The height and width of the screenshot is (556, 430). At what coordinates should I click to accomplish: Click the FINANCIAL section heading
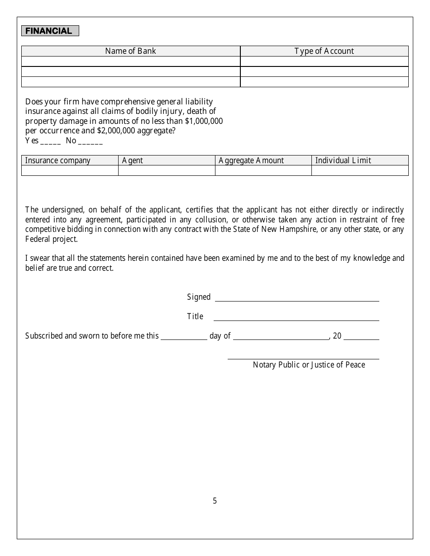(x=50, y=31)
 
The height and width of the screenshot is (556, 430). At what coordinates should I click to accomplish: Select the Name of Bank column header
(x=130, y=51)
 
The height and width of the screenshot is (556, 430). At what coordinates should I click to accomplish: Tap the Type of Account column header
(x=324, y=51)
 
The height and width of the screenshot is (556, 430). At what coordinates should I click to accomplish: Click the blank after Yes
(x=51, y=141)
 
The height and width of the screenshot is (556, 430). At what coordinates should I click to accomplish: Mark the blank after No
(x=91, y=141)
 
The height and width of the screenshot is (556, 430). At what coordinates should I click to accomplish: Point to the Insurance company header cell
(x=58, y=160)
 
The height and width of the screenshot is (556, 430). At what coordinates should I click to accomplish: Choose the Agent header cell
(x=133, y=160)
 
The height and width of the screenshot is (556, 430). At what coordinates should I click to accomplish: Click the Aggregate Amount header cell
(x=251, y=160)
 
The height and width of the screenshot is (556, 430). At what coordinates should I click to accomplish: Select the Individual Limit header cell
(x=343, y=160)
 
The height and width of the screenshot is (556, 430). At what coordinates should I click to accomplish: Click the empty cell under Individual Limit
(x=360, y=170)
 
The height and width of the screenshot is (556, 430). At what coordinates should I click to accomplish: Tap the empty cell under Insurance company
(x=70, y=170)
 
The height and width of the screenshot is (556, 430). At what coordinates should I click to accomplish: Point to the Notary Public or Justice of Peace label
(x=309, y=365)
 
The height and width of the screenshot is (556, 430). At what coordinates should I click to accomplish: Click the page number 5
(x=215, y=500)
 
